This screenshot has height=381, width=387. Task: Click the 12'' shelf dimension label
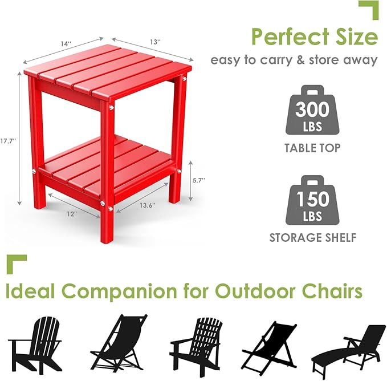[71, 214]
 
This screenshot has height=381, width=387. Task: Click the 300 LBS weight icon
[313, 111]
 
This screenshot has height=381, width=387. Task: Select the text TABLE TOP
[313, 148]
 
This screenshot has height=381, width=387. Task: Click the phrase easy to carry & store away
[294, 60]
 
